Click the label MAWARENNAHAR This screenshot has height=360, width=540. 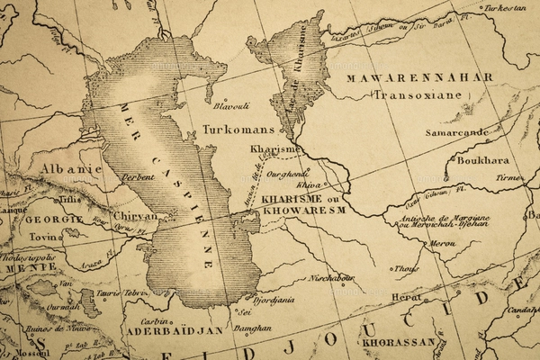click(x=419, y=77)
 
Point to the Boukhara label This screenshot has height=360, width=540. click(x=483, y=162)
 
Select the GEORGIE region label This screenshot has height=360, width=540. click(x=53, y=219)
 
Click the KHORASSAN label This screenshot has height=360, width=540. click(x=399, y=342)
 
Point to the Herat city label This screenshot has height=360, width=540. click(x=406, y=297)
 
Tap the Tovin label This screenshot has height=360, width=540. click(x=47, y=238)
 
